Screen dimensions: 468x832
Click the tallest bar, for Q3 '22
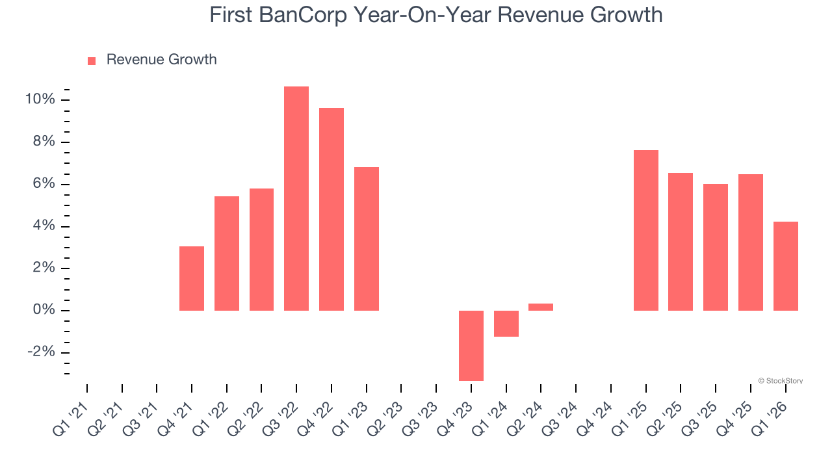[x=296, y=198]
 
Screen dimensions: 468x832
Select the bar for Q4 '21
[x=192, y=278]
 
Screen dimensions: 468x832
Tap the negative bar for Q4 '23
[x=471, y=345]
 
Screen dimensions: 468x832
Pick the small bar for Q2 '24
[x=541, y=307]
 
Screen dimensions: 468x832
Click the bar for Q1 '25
[x=646, y=230]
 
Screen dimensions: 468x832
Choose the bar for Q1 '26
[x=785, y=266]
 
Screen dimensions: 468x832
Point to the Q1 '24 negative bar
[x=506, y=323]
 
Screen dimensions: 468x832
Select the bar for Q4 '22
[x=331, y=209]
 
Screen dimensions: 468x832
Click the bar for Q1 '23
[x=367, y=239]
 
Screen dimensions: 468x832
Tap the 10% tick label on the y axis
[x=40, y=99]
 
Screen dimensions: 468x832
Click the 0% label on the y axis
[x=44, y=310]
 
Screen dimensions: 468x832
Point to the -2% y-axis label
[x=42, y=352]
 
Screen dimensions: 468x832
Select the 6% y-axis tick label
[x=44, y=184]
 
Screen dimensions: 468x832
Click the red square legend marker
[x=92, y=60]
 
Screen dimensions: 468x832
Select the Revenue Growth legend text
[x=161, y=60]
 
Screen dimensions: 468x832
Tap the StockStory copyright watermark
[x=780, y=381]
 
